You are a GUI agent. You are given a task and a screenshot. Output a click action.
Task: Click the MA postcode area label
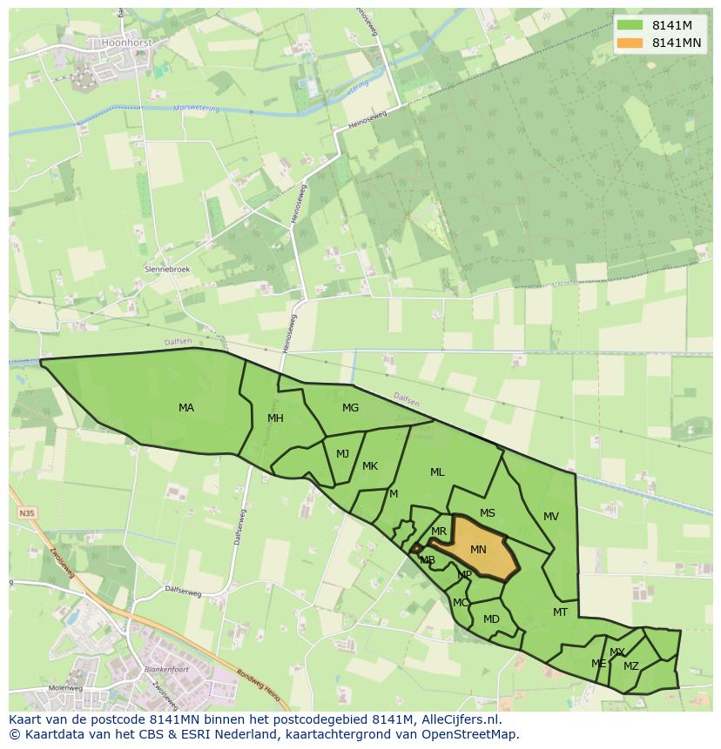click(186, 408)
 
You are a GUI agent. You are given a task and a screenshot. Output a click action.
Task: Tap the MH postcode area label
click(275, 418)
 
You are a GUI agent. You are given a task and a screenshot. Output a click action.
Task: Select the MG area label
click(350, 408)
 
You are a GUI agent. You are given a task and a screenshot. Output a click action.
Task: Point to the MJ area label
click(342, 454)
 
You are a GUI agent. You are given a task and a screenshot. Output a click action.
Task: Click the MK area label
click(370, 466)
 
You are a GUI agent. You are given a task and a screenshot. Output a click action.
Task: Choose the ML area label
click(437, 472)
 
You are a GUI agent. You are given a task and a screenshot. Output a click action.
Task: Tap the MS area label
click(488, 513)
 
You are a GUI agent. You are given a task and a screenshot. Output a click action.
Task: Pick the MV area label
click(551, 517)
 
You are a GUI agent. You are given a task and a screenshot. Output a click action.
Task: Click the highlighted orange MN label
click(478, 550)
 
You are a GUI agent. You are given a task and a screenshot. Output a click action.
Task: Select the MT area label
click(560, 612)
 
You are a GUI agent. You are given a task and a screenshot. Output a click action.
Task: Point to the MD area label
click(491, 619)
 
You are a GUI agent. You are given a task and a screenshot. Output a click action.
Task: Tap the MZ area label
click(631, 666)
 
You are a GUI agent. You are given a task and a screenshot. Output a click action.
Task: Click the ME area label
click(598, 664)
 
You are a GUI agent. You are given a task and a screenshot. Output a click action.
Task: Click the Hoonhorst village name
click(127, 42)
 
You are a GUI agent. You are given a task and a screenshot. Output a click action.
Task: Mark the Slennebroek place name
click(167, 270)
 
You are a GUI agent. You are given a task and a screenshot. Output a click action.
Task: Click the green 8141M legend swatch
click(629, 26)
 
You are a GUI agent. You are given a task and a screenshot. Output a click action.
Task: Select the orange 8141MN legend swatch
click(629, 43)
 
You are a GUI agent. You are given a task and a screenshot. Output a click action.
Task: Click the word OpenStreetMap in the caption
click(474, 734)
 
